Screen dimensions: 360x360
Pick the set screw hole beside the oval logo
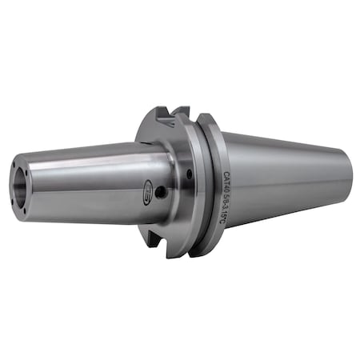tap(162, 192)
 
